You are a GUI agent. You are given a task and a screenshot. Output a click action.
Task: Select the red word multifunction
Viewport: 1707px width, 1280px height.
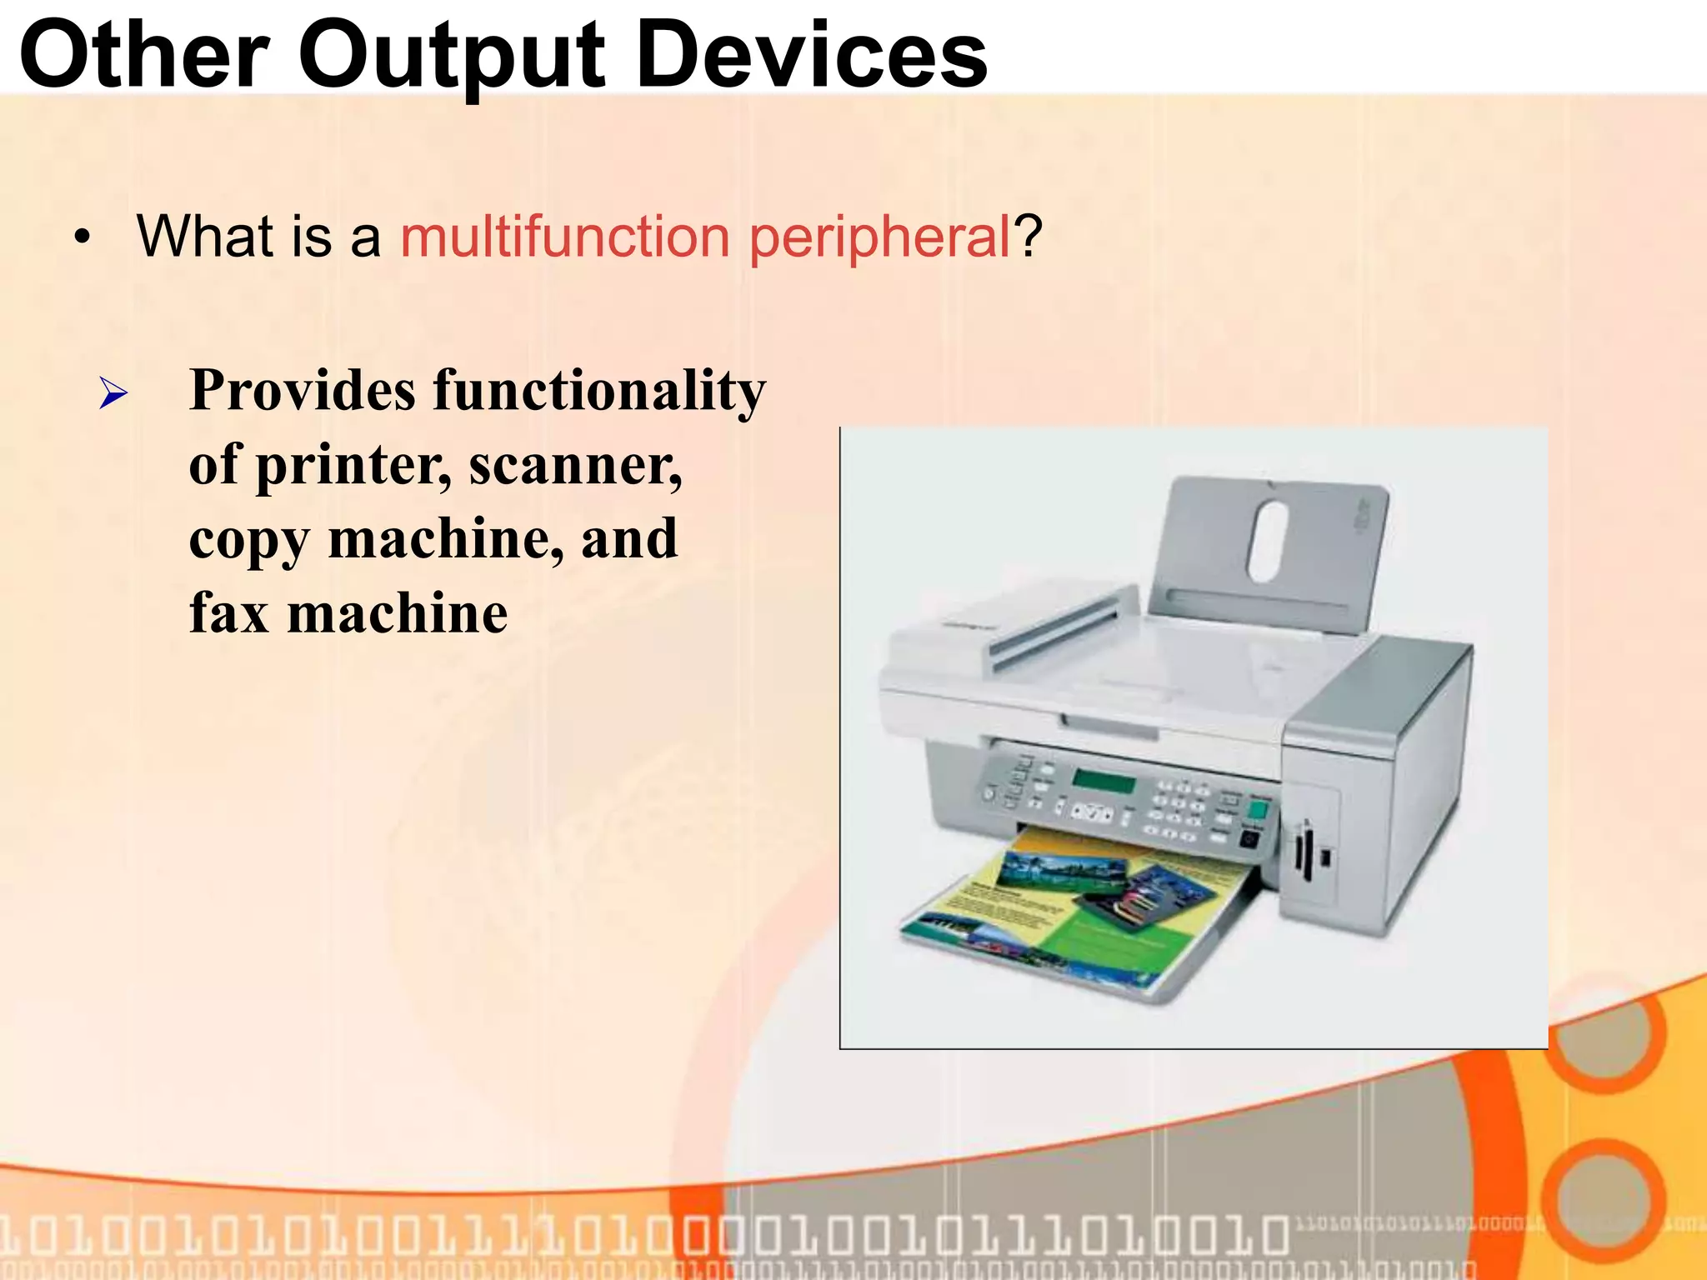(565, 237)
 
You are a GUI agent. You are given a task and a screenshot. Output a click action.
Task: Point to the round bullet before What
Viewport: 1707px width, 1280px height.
(82, 238)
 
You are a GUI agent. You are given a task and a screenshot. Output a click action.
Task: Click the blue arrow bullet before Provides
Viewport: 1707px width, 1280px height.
(113, 392)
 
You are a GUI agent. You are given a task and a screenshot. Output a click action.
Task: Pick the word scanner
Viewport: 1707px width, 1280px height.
(575, 465)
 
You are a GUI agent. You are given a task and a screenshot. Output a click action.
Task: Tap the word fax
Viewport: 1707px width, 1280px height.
(228, 613)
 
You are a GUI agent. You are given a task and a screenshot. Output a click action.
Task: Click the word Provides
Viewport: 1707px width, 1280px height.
(303, 390)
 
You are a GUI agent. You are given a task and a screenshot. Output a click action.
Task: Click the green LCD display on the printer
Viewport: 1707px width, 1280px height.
(1104, 782)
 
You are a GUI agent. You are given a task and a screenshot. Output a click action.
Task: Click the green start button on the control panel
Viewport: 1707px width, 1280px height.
(1257, 809)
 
